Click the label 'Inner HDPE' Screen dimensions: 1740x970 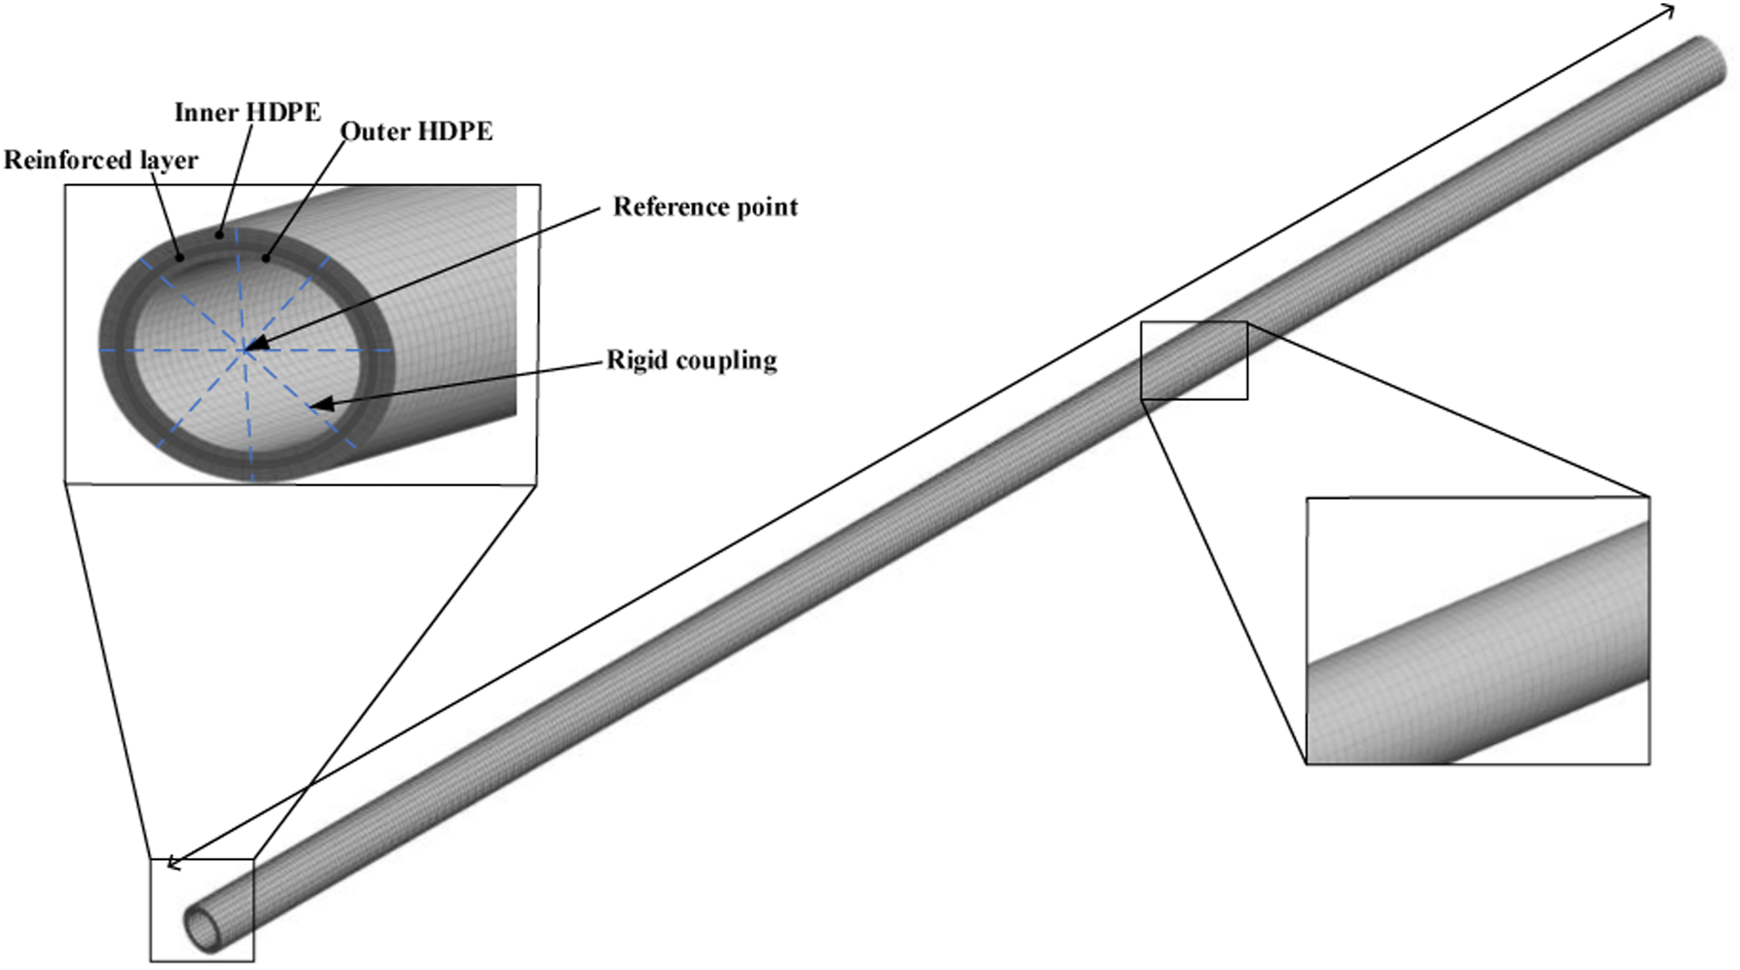pos(248,112)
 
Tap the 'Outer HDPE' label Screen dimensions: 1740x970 pos(416,131)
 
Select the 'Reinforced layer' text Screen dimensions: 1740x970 pos(101,161)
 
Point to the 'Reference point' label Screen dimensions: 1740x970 pos(705,207)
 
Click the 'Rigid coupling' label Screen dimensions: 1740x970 pos(692,360)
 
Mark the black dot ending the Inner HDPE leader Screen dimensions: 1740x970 pos(218,235)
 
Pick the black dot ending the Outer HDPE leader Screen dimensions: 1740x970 pos(266,257)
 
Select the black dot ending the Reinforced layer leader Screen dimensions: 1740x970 pos(180,257)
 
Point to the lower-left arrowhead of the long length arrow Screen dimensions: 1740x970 pos(168,864)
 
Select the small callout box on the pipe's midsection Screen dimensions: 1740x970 pos(1194,360)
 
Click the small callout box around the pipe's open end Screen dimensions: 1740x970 pos(202,909)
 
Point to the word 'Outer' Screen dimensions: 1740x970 pos(375,131)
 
